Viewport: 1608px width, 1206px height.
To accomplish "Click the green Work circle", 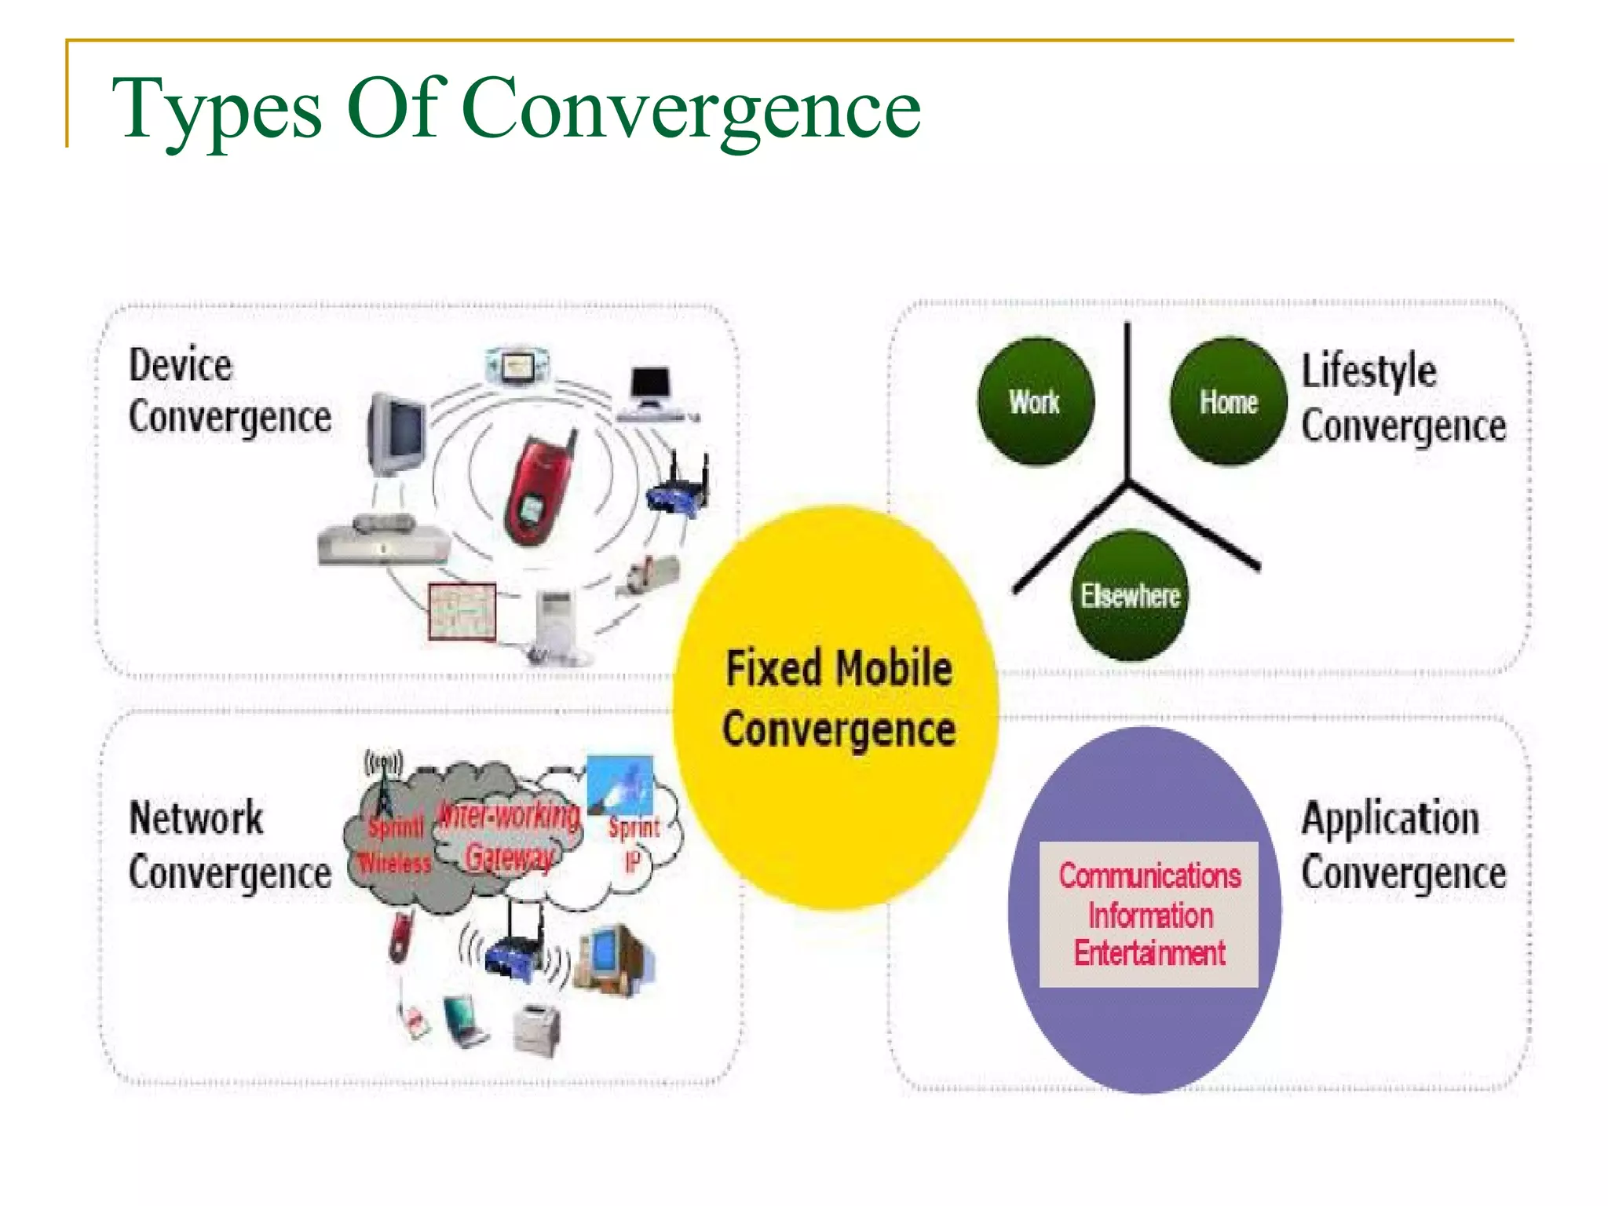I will [1035, 401].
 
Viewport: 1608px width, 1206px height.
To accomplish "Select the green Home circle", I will [1228, 401].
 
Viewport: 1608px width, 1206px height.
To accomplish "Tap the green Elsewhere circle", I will [1130, 595].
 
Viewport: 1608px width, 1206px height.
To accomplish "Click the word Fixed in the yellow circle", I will [773, 669].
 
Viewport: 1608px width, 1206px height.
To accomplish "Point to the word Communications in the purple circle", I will [1149, 875].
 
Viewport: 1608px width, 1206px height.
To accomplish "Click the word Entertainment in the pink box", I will [1149, 953].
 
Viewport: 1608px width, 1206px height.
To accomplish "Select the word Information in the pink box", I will [1149, 915].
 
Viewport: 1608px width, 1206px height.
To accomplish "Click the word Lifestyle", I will [1369, 371].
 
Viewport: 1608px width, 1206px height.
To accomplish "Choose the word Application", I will [1390, 818].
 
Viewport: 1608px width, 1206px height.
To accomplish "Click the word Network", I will [196, 818].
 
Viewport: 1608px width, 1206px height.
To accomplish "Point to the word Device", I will [181, 365].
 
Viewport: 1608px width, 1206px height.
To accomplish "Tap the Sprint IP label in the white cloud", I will [634, 843].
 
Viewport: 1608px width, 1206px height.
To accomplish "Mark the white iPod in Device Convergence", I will [557, 620].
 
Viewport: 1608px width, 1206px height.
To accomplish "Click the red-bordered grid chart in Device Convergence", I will [462, 610].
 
